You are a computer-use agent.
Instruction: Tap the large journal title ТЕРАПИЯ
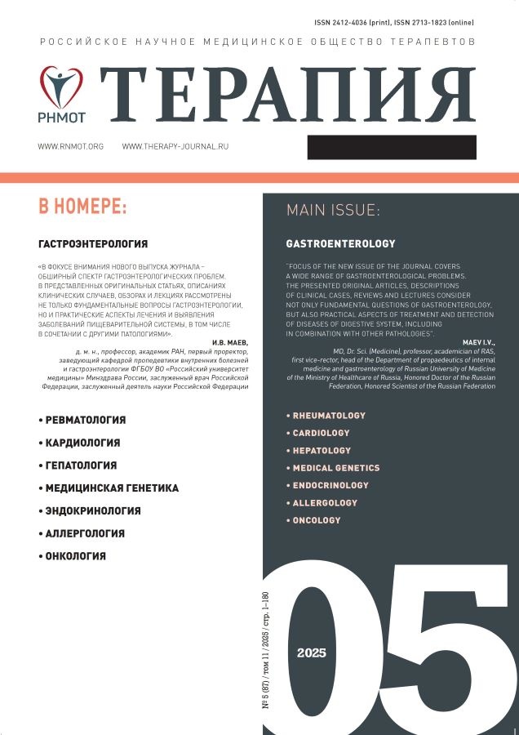288,95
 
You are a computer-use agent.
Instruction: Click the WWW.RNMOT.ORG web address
71,146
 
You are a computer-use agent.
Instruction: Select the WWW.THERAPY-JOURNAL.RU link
186,146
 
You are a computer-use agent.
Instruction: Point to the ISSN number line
403,22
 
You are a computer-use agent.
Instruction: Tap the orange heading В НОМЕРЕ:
82,207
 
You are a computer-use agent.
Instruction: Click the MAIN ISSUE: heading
333,211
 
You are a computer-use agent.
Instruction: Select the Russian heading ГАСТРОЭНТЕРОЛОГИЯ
93,243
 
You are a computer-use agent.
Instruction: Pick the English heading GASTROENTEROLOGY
340,243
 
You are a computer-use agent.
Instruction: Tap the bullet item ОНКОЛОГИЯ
76,556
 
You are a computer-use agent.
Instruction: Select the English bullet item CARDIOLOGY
321,433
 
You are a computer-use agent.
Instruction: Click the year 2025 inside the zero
312,653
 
